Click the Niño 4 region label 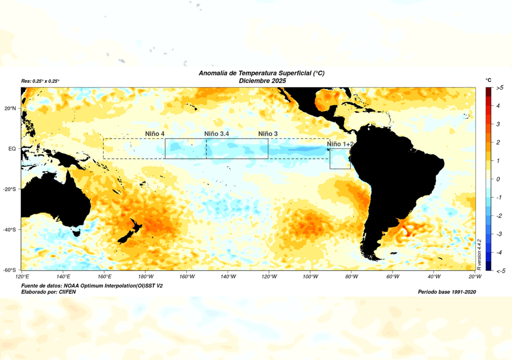click(155, 133)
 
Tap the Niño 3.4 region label click(217, 133)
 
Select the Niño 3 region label click(268, 133)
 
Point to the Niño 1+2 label click(340, 144)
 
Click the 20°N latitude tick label click(10, 108)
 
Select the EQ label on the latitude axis click(12, 148)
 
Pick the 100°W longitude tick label click(310, 276)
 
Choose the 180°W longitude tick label click(145, 276)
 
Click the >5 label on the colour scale click(499, 87)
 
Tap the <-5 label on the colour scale click(499, 270)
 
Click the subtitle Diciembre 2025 click(261, 80)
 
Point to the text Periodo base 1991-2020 click(446, 291)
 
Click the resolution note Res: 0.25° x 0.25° click(40, 81)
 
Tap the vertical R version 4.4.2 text click(479, 255)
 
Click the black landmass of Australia click(55, 200)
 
